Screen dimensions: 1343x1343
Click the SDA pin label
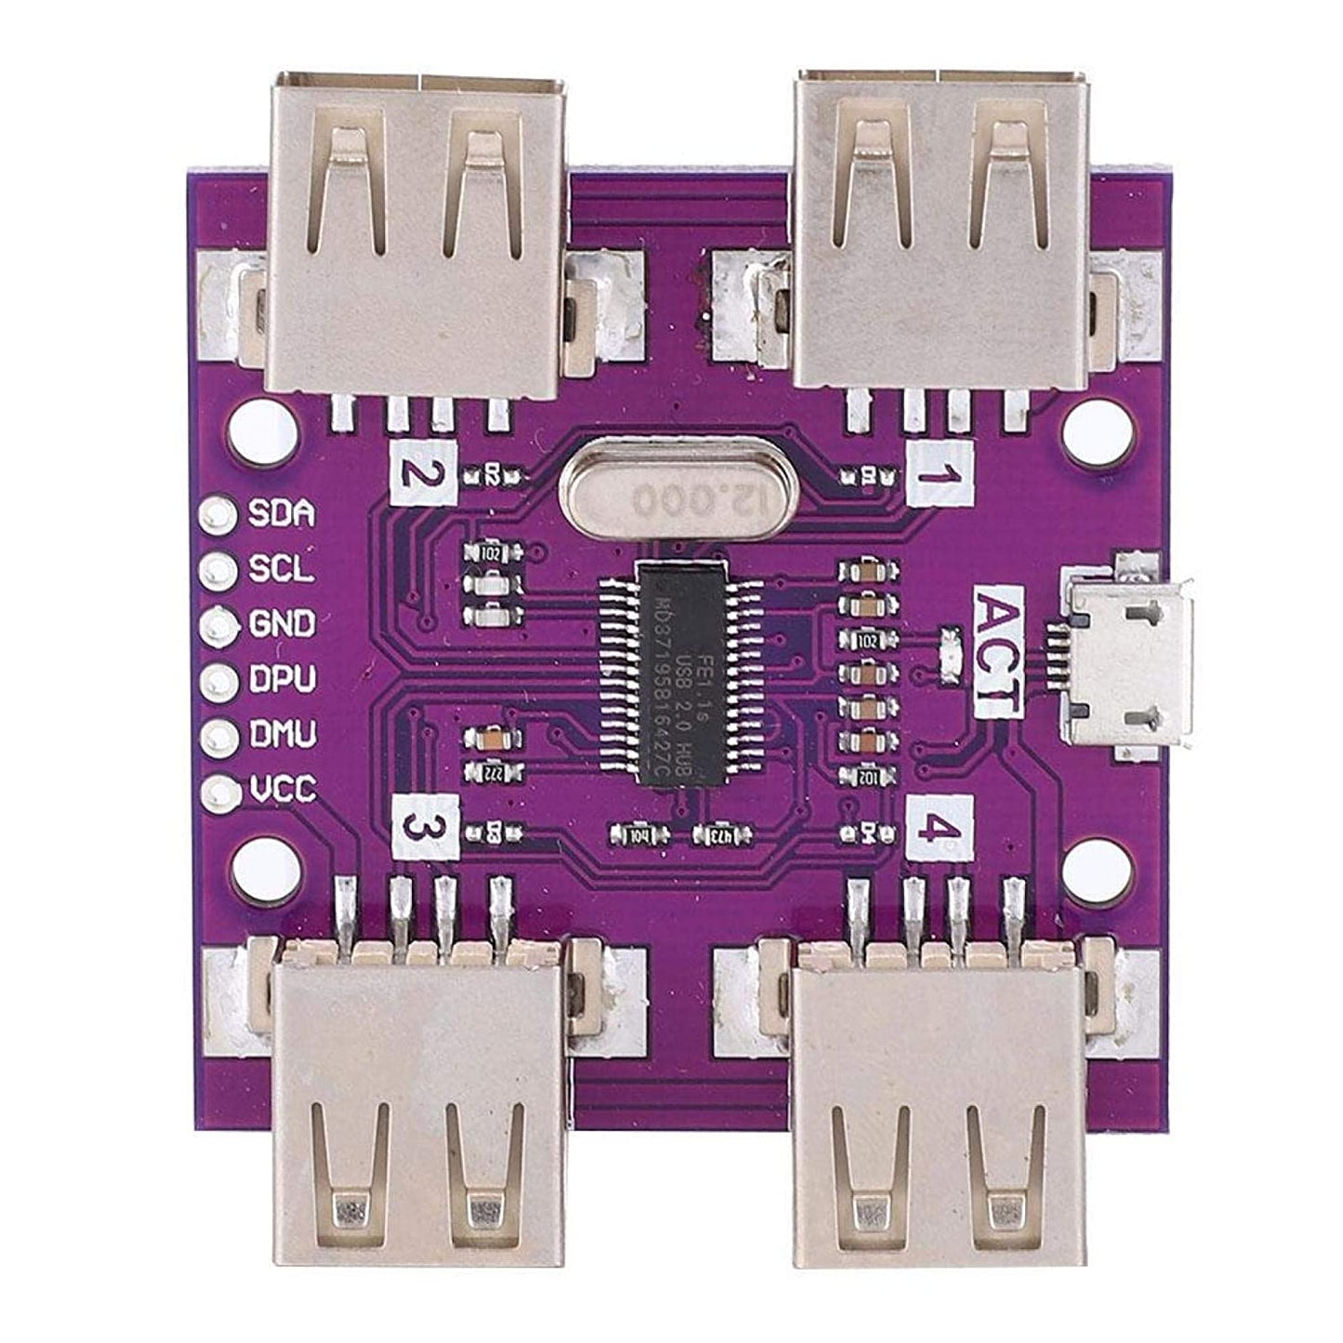[282, 514]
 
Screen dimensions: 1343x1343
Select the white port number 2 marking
[424, 473]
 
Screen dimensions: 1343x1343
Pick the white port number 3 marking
[424, 827]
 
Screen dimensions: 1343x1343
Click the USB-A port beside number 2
[416, 232]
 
